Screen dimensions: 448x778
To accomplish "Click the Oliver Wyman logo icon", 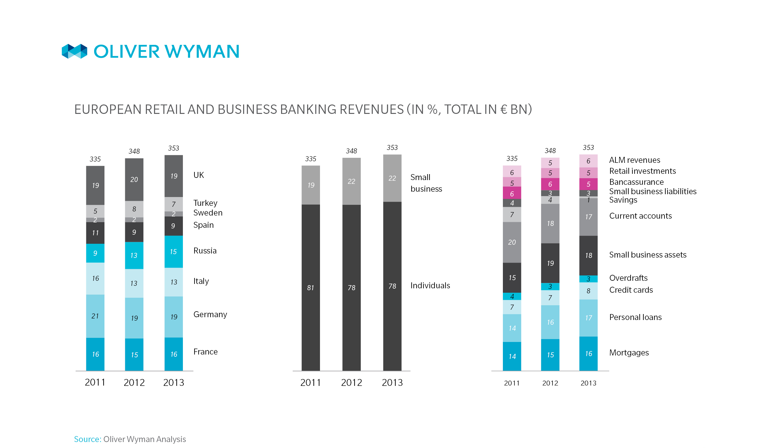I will point(74,51).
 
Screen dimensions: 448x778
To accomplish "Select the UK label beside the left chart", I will point(199,175).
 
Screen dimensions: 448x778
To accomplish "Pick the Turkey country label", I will point(205,203).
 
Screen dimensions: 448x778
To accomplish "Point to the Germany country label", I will point(210,314).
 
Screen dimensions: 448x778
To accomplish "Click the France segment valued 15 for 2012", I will point(134,355).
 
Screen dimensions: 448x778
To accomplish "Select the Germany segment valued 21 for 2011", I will point(95,316).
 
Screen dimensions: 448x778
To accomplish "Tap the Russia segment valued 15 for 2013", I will point(173,252).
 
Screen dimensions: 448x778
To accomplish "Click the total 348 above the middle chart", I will point(351,151).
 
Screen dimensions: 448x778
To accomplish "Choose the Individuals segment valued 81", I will point(311,287).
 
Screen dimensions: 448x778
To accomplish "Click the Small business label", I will point(426,183).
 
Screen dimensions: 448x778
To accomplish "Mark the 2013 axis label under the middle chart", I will point(392,382).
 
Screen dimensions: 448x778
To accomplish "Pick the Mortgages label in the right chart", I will point(629,353).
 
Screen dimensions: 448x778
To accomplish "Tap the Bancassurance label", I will point(636,182).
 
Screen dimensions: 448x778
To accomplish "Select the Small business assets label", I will point(647,255).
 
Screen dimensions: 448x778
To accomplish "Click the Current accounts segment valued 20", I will point(512,242).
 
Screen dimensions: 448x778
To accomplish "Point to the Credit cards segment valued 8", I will point(589,291).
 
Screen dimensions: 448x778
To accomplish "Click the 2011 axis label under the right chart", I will point(512,383).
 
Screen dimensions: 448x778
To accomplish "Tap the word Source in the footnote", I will point(87,439).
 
